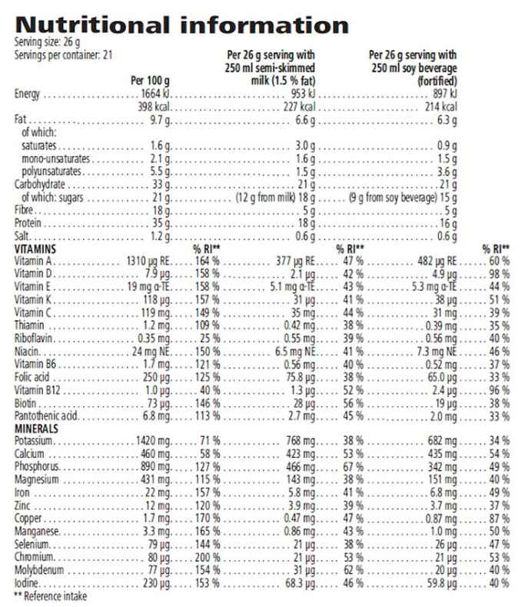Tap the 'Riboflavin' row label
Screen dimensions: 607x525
click(32, 339)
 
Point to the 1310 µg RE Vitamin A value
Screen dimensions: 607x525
click(147, 263)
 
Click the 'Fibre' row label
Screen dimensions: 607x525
click(24, 212)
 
